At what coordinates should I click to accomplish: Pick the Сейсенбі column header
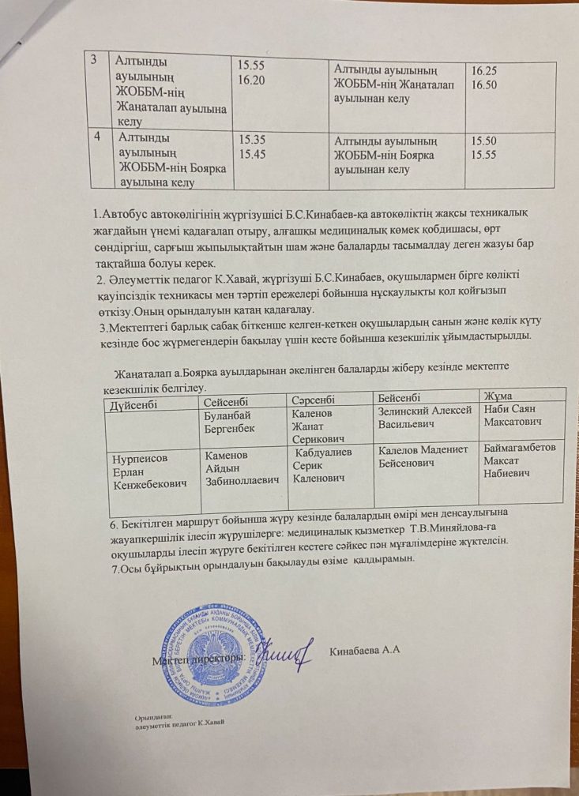(x=228, y=402)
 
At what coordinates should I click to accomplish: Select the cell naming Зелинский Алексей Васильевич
(x=424, y=416)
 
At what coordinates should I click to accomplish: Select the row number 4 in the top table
(x=97, y=137)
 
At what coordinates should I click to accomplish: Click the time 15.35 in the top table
(x=252, y=139)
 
